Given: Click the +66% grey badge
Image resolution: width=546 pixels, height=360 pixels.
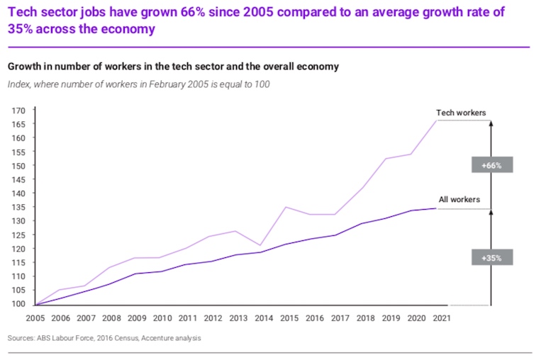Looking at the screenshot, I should point(491,164).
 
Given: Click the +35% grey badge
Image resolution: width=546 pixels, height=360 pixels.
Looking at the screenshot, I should point(491,258).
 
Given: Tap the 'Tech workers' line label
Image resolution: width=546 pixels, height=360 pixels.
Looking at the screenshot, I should point(460,113).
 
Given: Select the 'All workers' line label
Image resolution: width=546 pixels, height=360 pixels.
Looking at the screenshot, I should point(459,200).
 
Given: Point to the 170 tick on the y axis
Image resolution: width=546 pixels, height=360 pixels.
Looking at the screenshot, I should point(18,111).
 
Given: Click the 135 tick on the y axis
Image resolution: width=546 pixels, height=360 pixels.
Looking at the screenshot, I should point(18,207).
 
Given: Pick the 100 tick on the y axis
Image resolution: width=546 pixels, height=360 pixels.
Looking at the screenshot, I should point(18,304).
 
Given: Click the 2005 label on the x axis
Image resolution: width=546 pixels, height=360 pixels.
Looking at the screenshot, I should point(35,319).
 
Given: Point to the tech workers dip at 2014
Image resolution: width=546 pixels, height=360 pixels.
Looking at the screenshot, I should point(262,245).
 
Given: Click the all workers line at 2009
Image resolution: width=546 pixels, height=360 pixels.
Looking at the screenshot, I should point(135,274).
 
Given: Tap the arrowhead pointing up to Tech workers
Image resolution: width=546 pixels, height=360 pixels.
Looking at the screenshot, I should point(491,123).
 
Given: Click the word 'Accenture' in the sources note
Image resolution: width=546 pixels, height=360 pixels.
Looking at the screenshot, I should point(157,339).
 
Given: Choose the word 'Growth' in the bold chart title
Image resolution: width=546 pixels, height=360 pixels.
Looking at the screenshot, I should point(24,67).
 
